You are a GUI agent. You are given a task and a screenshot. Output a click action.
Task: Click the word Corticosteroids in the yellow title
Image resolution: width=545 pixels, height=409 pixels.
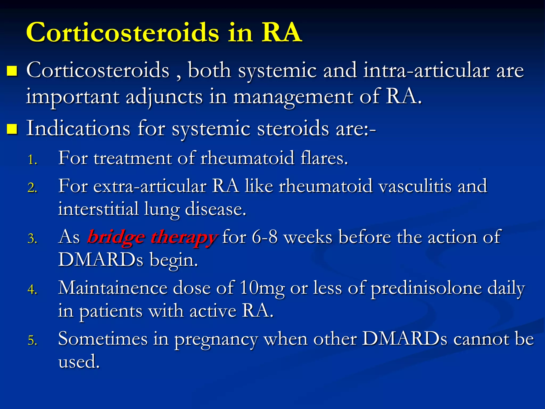coord(122,32)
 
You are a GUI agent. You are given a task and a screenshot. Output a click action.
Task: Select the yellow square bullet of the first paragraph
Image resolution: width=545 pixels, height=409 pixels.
coord(12,71)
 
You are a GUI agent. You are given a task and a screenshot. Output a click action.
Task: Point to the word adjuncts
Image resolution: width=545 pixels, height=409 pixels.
coord(164,97)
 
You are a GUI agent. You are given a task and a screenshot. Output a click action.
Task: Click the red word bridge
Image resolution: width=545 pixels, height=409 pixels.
coord(116,237)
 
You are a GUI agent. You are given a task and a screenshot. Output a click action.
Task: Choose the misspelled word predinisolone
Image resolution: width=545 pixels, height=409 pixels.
coord(426,288)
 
